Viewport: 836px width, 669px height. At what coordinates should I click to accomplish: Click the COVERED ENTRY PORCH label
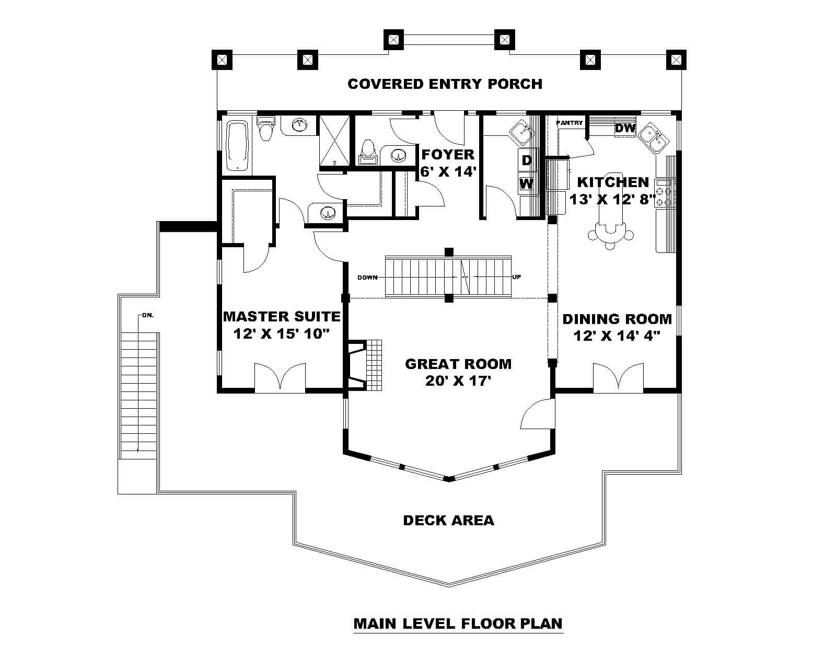[445, 84]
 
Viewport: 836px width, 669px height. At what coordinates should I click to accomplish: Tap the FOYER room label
[448, 155]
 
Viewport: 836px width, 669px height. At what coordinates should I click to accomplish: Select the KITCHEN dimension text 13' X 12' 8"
[612, 199]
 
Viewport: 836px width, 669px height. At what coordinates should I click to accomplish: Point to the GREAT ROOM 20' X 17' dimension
[458, 380]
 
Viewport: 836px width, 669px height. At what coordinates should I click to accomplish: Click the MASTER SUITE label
[282, 317]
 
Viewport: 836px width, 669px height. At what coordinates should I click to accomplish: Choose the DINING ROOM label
[617, 319]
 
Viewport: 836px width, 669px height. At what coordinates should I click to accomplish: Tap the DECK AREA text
[448, 520]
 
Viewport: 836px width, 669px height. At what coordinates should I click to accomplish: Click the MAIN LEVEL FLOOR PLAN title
[458, 624]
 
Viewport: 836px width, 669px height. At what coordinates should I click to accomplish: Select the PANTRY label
[570, 123]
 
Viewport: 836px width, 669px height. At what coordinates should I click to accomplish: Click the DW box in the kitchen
[625, 128]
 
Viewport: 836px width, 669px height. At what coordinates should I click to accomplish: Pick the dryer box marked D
[527, 160]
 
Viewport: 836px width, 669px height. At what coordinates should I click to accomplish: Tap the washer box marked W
[527, 183]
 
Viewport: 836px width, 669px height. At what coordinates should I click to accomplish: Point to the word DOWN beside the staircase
[367, 278]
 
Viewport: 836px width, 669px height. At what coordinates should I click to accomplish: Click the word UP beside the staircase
[516, 278]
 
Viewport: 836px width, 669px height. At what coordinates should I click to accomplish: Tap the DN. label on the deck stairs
[147, 316]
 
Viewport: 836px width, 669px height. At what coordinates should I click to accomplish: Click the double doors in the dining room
[618, 377]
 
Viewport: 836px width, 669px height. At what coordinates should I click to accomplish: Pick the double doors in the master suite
[280, 377]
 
